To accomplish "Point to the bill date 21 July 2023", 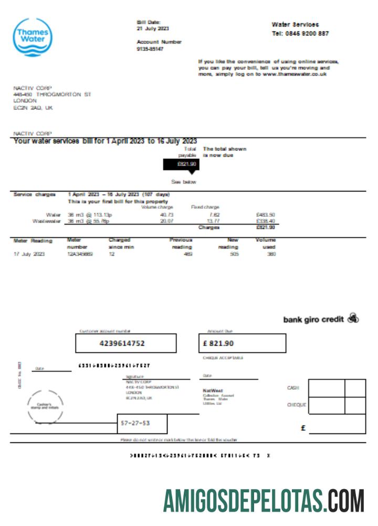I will (x=153, y=28).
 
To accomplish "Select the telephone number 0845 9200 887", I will (x=307, y=33).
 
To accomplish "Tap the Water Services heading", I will (x=295, y=24).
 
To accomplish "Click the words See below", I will (x=183, y=181).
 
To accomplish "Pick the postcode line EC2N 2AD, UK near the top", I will (x=33, y=107).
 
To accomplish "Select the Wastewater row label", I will (x=46, y=221).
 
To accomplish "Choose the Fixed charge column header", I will (x=205, y=207).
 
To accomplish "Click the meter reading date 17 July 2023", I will (x=29, y=254).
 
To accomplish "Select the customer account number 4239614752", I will (x=125, y=343).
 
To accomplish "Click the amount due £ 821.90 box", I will (x=242, y=343).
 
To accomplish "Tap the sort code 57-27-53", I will (x=135, y=423).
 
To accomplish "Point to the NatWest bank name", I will (x=213, y=390).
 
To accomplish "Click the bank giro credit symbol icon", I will (x=353, y=318).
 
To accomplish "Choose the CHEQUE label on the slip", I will (x=293, y=405).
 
